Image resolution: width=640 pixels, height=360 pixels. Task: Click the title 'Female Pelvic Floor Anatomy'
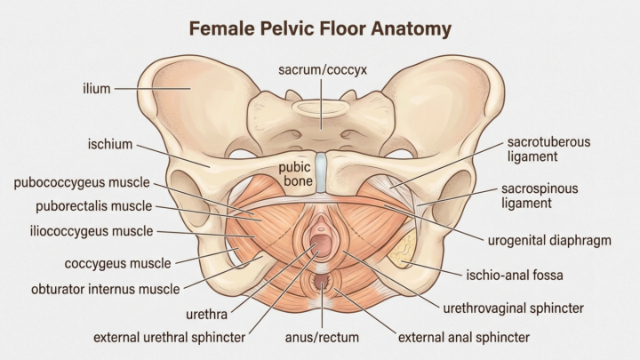[x=320, y=29]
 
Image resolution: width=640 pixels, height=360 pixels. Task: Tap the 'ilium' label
[x=97, y=89]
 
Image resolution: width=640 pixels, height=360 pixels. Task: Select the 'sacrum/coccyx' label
[x=323, y=70]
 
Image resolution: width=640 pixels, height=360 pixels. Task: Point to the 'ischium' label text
[x=110, y=144]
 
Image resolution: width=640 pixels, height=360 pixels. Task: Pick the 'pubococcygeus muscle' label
[x=82, y=182]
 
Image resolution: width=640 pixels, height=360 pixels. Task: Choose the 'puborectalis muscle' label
[x=94, y=206]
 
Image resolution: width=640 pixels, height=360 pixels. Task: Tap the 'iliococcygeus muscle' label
[x=92, y=231]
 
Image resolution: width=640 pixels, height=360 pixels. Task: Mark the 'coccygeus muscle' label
[x=117, y=263]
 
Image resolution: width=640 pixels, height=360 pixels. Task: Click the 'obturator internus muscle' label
[x=105, y=290]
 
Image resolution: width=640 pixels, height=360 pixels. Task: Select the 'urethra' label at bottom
[x=206, y=315]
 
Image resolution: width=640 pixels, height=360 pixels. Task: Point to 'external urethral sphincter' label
[x=170, y=338]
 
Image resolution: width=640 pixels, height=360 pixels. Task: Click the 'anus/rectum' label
[x=322, y=338]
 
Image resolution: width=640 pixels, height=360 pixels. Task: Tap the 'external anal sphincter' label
[x=464, y=338]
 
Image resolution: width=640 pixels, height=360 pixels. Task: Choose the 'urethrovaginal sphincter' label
[x=514, y=308]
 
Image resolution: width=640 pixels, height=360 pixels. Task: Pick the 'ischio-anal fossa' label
[x=515, y=275]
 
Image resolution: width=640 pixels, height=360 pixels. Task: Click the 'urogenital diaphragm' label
[x=549, y=240]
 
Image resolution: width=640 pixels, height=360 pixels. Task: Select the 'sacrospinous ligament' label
[x=540, y=196]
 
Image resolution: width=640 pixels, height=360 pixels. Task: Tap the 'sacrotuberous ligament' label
[x=548, y=149]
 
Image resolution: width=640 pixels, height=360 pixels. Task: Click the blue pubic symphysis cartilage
[x=321, y=172]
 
